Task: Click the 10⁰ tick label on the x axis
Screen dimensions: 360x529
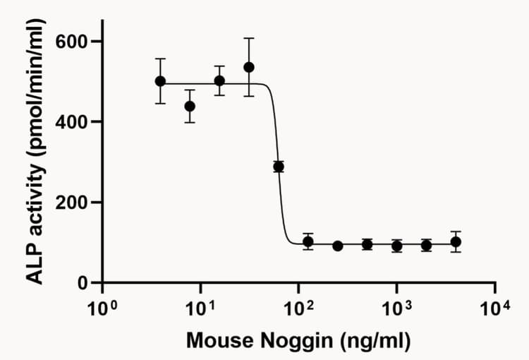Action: coord(101,308)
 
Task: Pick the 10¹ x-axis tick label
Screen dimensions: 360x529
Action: coord(200,308)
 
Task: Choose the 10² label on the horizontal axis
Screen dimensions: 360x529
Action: coord(298,308)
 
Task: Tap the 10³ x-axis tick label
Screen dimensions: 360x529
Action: coord(396,308)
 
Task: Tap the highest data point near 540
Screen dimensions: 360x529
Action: coord(248,67)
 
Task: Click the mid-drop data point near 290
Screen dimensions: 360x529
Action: coord(279,167)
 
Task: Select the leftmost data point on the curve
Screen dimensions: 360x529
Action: coord(160,81)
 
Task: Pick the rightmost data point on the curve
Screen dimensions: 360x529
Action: coord(456,241)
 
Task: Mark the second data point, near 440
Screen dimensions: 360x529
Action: coord(190,106)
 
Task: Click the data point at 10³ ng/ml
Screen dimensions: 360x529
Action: coord(396,246)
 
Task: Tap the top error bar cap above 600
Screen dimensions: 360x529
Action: coord(248,38)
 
